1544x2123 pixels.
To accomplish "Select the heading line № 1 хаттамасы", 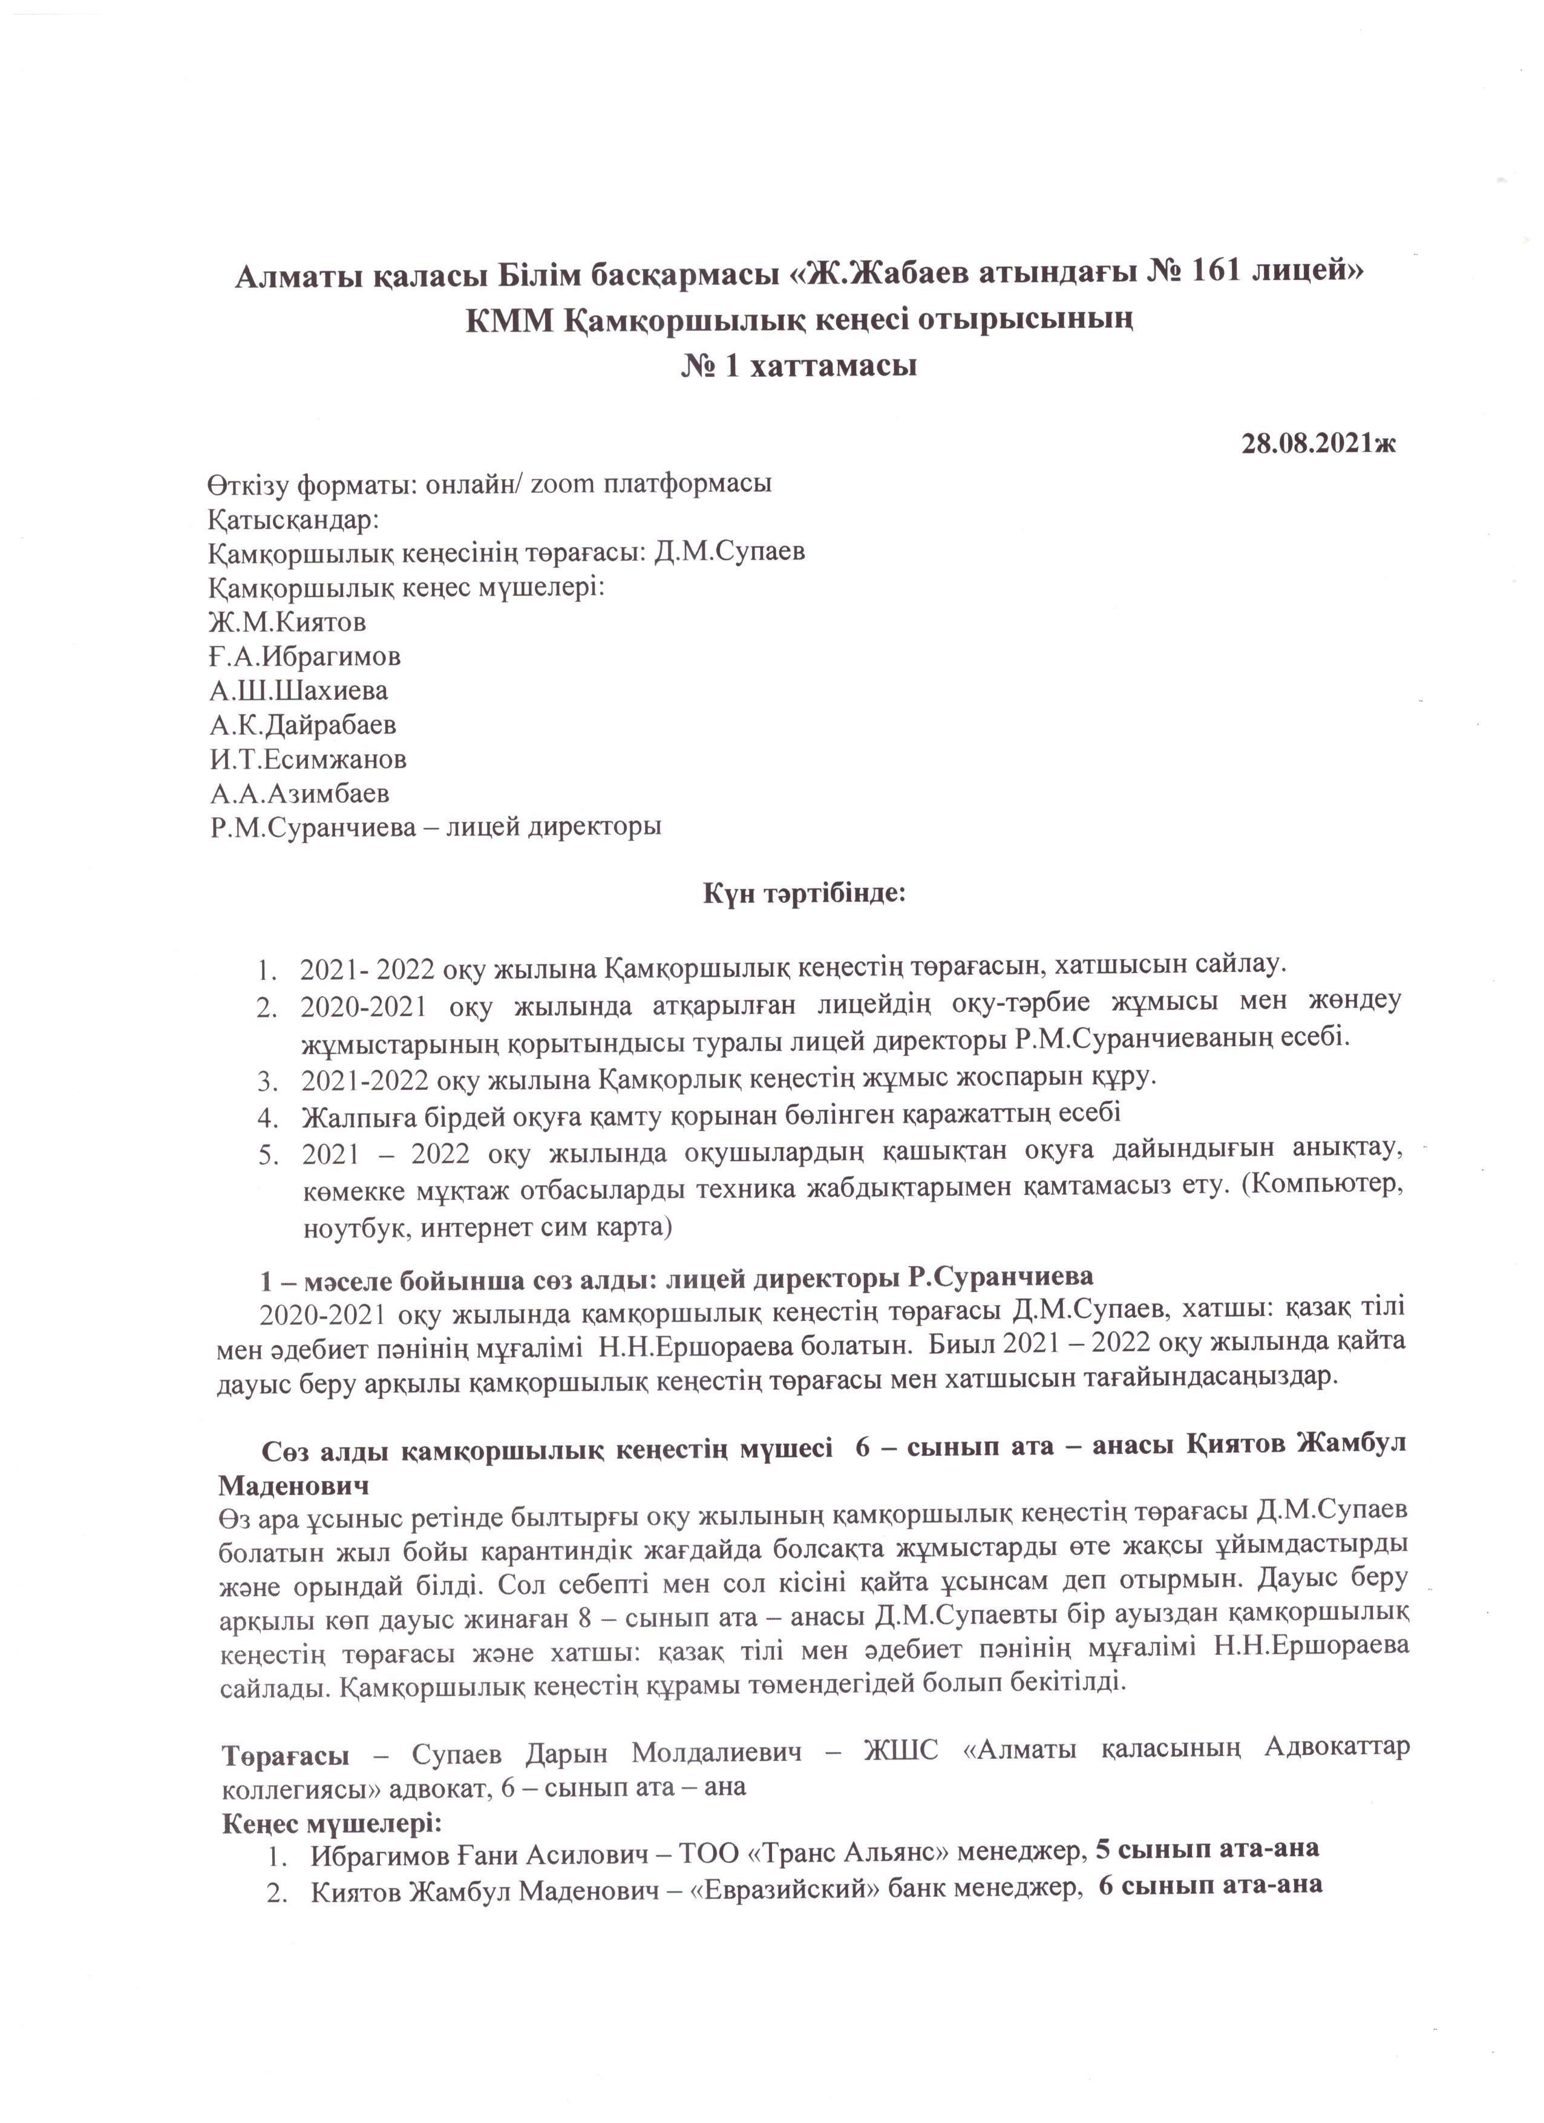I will (798, 365).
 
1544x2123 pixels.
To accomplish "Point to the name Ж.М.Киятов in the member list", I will (287, 622).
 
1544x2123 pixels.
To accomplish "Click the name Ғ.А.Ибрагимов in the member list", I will (306, 656).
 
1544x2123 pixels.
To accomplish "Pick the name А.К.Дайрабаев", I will (303, 725).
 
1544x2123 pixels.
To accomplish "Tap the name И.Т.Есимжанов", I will (308, 759).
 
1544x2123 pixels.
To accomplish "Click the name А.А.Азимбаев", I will (299, 794).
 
